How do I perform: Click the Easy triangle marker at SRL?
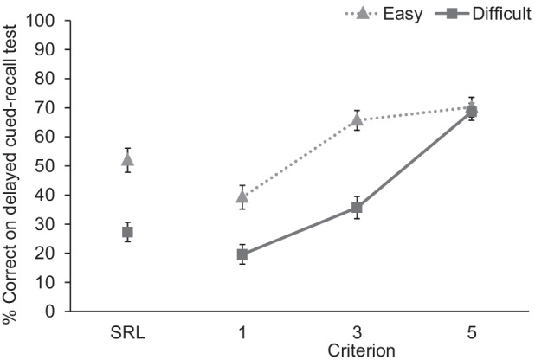click(x=127, y=159)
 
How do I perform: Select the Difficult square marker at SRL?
click(x=127, y=232)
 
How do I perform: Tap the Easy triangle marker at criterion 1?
click(x=242, y=197)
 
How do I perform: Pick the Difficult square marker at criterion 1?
click(x=242, y=254)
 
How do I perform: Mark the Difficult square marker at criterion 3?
click(x=357, y=208)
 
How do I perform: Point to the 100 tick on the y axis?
click(x=44, y=21)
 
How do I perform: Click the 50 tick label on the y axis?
click(x=48, y=166)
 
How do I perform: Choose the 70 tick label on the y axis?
click(x=48, y=108)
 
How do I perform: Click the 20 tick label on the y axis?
click(x=48, y=254)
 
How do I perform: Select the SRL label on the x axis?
click(x=127, y=333)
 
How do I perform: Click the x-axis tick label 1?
click(x=242, y=333)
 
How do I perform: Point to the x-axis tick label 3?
click(x=357, y=333)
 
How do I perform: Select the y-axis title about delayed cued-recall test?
click(x=11, y=173)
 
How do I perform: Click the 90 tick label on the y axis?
click(x=48, y=50)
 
